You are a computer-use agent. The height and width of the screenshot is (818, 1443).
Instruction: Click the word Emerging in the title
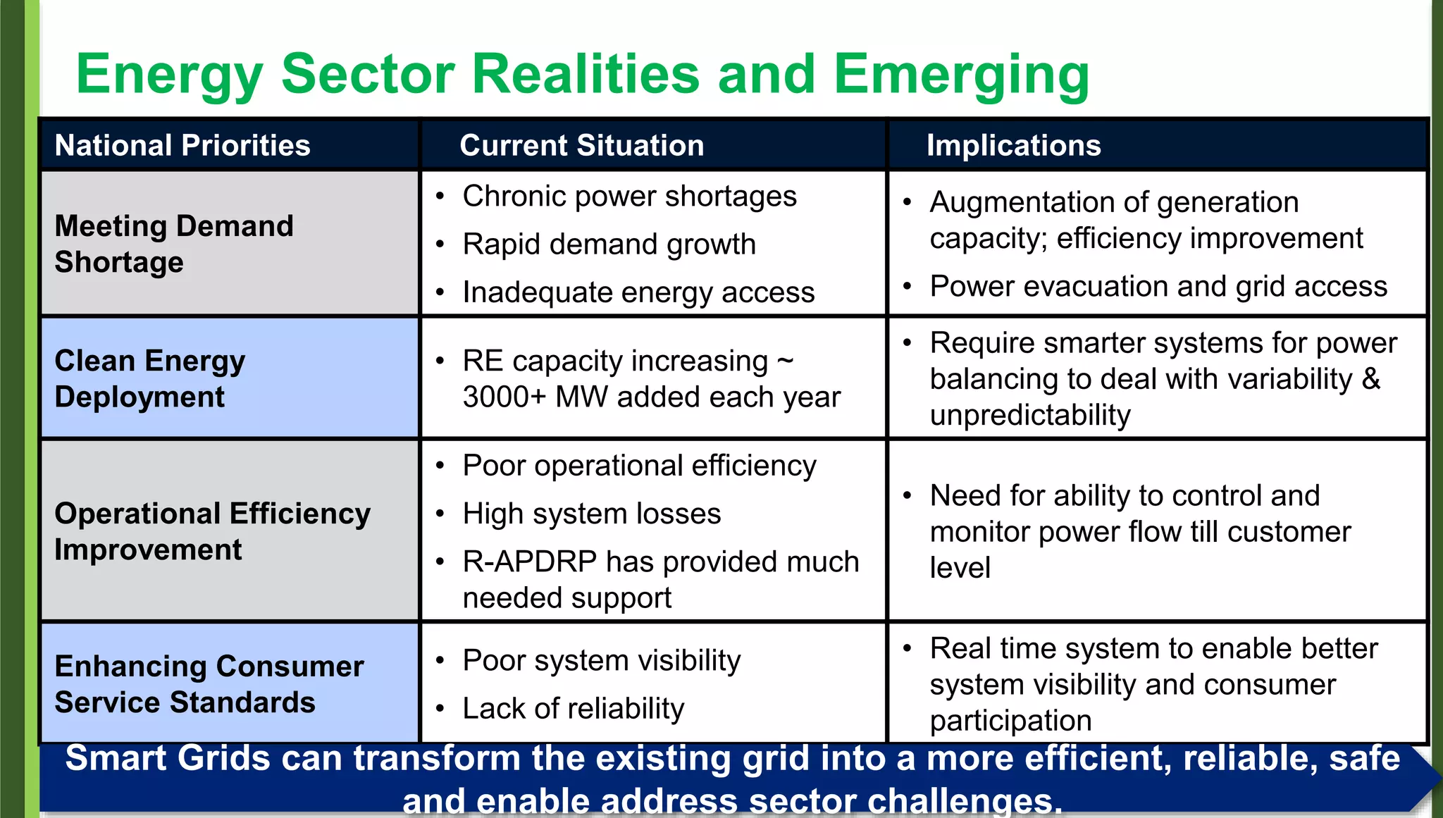(x=961, y=75)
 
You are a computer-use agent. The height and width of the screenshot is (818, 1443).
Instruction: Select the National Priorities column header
(x=182, y=146)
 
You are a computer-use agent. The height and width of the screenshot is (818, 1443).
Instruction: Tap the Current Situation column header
(x=581, y=146)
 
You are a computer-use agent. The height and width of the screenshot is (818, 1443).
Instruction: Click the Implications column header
(x=1013, y=146)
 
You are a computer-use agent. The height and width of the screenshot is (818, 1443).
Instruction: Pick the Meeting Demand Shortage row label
(x=173, y=244)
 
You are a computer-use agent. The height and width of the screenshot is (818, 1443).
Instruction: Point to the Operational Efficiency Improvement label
(x=211, y=531)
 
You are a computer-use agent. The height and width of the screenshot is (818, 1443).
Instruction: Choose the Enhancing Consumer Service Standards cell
(x=209, y=684)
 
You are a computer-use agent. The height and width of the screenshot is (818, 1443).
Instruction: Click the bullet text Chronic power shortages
(x=629, y=196)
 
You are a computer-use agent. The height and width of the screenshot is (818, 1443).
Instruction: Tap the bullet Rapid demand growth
(x=609, y=244)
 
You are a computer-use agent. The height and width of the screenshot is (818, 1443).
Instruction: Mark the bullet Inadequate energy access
(x=638, y=292)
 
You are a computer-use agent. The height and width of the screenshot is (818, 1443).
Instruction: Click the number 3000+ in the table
(x=504, y=397)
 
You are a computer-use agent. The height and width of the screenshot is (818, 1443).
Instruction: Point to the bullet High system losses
(x=591, y=514)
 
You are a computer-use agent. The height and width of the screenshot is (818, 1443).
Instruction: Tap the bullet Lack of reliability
(x=573, y=709)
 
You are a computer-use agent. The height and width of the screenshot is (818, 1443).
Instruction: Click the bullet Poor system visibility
(x=601, y=661)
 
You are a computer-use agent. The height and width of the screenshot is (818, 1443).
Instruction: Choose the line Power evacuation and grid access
(x=1158, y=287)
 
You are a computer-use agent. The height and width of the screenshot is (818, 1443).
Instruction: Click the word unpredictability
(x=1029, y=416)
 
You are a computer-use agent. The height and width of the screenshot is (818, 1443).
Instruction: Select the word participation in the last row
(x=1010, y=721)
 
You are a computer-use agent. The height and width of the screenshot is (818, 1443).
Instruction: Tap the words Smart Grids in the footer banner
(x=167, y=759)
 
